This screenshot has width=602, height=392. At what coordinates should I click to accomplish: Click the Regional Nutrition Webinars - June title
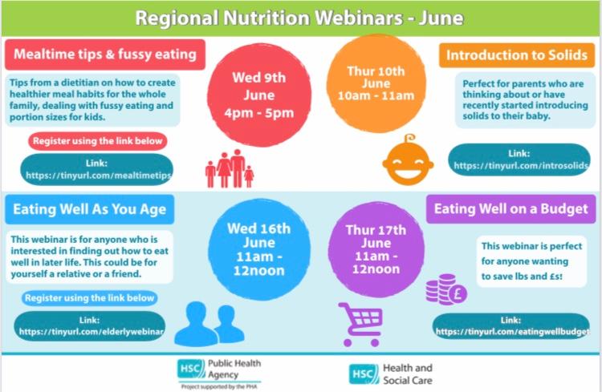click(299, 18)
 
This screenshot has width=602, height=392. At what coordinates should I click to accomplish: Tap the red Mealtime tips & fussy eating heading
click(105, 55)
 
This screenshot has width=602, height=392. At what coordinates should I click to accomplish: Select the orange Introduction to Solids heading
click(517, 55)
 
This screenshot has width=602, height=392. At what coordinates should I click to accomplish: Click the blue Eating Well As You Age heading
click(89, 209)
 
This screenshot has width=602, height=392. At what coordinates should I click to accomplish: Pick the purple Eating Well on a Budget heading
click(510, 209)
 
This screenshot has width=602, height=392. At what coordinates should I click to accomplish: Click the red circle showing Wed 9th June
click(259, 95)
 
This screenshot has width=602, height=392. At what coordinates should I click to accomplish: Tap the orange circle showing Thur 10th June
click(376, 83)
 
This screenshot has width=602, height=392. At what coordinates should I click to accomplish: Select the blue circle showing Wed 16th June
click(259, 249)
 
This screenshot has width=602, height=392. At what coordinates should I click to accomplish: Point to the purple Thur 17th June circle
click(376, 249)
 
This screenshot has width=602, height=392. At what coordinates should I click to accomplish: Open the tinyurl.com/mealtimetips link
click(97, 169)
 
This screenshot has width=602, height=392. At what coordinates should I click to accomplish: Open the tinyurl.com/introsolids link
click(519, 160)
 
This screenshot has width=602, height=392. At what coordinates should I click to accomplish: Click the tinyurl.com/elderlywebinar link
click(89, 326)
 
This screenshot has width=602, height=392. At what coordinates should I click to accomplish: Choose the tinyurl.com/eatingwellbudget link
click(511, 326)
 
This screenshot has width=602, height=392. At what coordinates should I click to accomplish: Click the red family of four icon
click(230, 169)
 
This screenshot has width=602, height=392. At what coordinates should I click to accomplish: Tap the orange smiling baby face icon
click(408, 160)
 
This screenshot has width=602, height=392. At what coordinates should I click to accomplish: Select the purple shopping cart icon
click(360, 325)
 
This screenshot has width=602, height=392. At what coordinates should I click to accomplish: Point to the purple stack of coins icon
click(446, 289)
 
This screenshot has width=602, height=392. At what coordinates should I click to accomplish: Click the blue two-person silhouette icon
click(209, 325)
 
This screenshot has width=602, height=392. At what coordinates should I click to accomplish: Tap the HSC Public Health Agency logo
click(219, 374)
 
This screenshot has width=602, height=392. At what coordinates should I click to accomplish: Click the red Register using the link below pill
click(97, 141)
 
